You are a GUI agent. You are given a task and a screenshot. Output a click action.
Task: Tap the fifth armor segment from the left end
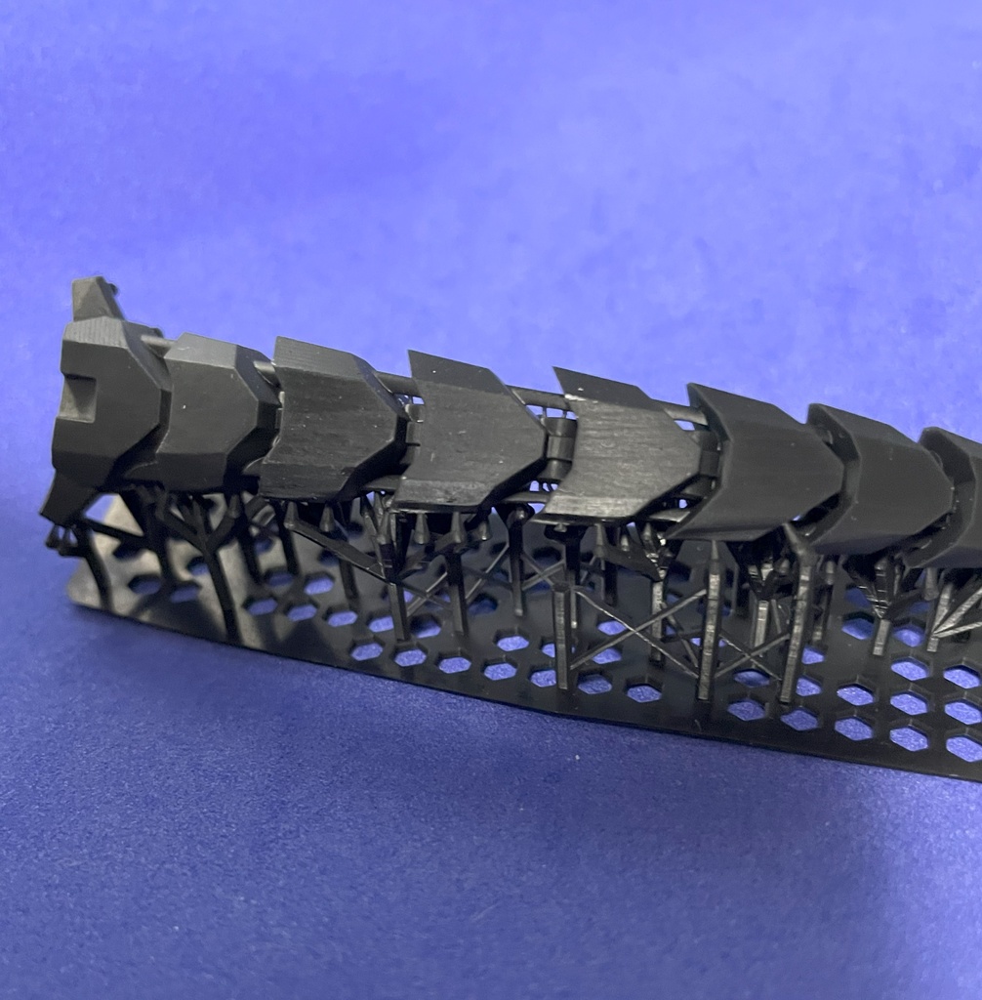pyautogui.click(x=620, y=449)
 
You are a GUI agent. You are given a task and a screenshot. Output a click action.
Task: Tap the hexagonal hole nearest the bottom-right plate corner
pyautogui.click(x=962, y=747)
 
